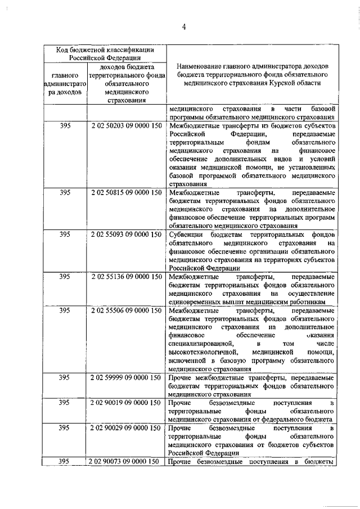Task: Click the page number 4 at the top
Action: tap(183, 26)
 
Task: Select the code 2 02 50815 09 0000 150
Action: tap(124, 192)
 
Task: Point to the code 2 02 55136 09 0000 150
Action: tap(124, 277)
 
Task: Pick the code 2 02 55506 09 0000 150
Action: tap(124, 310)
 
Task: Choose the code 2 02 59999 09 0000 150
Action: tap(124, 377)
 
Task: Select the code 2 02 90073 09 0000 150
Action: tap(124, 462)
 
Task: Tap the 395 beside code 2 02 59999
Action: tap(65, 377)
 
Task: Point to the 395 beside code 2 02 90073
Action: tap(65, 462)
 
